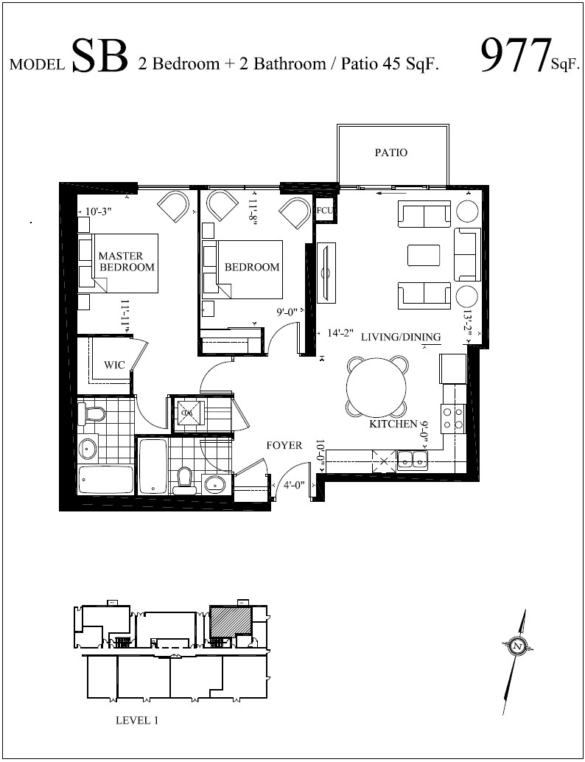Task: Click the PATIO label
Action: pyautogui.click(x=390, y=153)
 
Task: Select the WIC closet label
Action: pyautogui.click(x=113, y=365)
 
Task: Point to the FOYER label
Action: pyautogui.click(x=284, y=446)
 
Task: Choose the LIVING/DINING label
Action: pyautogui.click(x=401, y=337)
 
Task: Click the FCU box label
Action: pyautogui.click(x=325, y=210)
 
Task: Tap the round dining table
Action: pyautogui.click(x=378, y=388)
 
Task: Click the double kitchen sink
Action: pyautogui.click(x=411, y=461)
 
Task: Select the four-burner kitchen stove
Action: pyautogui.click(x=452, y=418)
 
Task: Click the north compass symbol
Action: pyautogui.click(x=518, y=646)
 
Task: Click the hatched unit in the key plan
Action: pyautogui.click(x=229, y=621)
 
